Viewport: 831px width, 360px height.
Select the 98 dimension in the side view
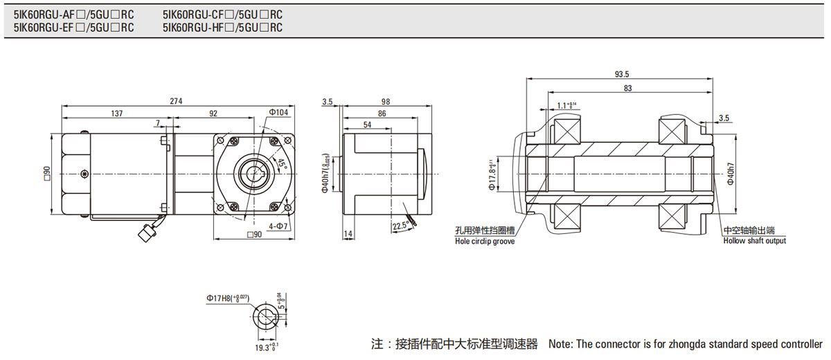point(386,101)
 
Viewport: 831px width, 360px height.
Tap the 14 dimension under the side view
point(348,235)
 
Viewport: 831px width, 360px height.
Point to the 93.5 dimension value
point(621,74)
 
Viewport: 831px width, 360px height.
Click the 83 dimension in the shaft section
point(627,88)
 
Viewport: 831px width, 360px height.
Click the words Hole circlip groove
point(485,242)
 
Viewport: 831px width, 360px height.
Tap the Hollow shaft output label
point(755,241)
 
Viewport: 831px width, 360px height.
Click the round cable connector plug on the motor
point(148,235)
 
